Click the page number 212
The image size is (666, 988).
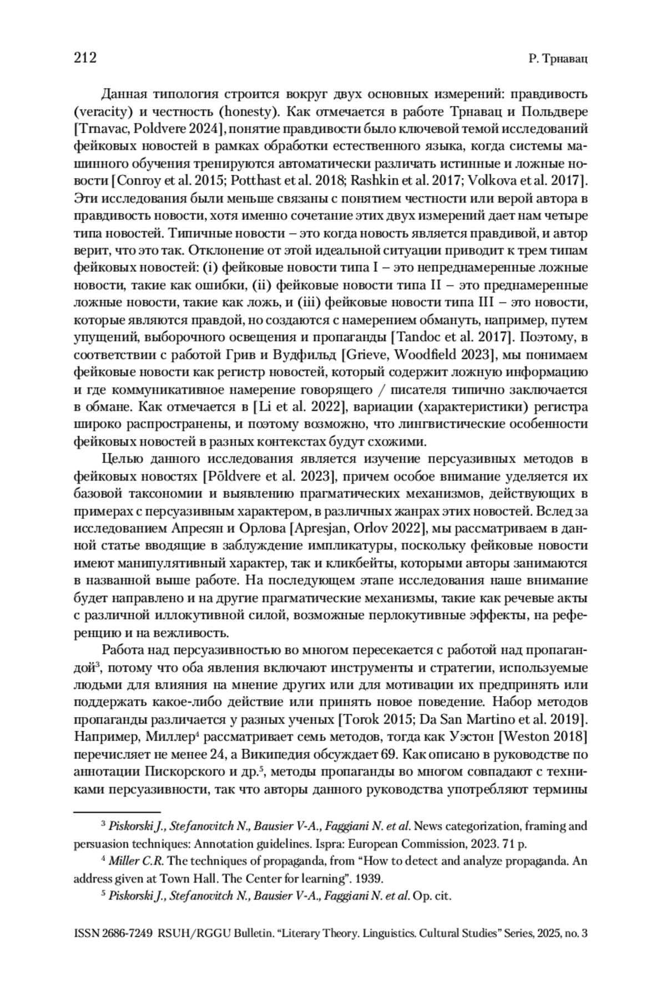pos(85,58)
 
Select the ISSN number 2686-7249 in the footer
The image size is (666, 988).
pos(128,934)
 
